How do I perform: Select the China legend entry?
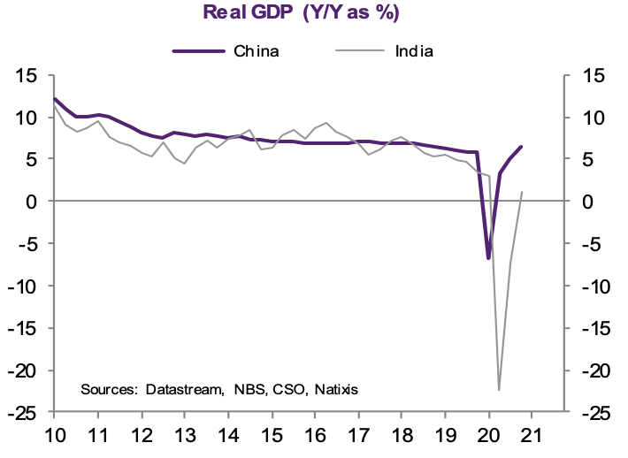[257, 50]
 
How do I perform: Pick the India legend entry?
[413, 50]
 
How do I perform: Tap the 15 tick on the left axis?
[26, 75]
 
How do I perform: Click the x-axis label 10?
[54, 436]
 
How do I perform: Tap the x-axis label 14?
[227, 436]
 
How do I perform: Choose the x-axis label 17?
[357, 436]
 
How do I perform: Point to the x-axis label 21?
[531, 436]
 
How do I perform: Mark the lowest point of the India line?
[499, 390]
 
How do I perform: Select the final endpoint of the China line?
[521, 147]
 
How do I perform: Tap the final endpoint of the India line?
[521, 192]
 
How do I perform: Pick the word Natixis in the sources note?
[334, 389]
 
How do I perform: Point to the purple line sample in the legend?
[198, 50]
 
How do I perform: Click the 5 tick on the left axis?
[31, 159]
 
